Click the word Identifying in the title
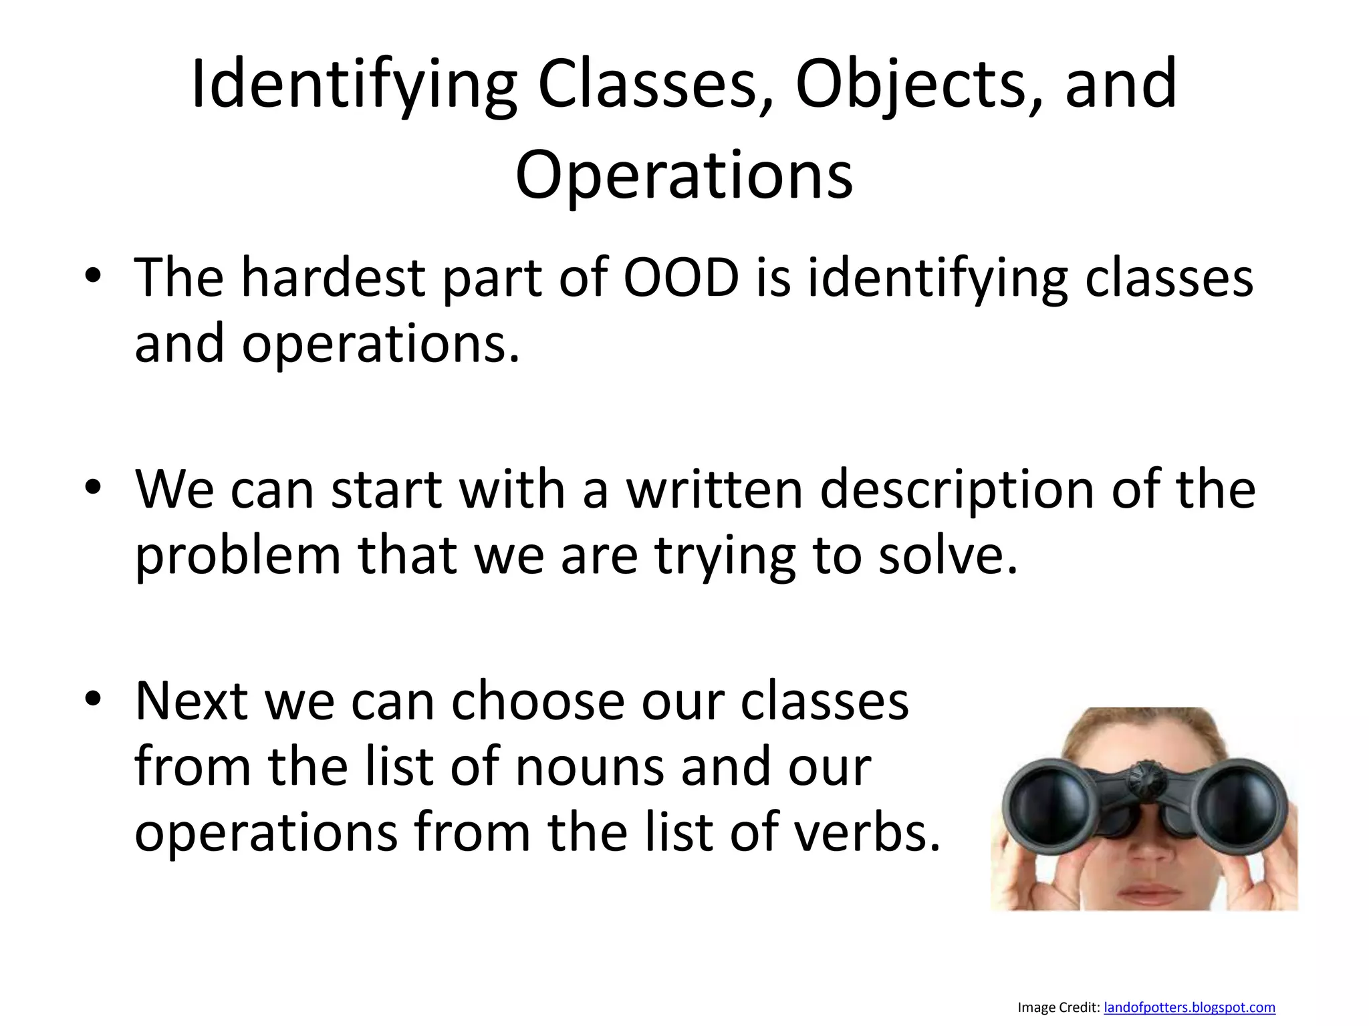point(354,85)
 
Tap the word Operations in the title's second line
point(684,175)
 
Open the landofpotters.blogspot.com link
point(1189,1007)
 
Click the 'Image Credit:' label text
point(1058,1007)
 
